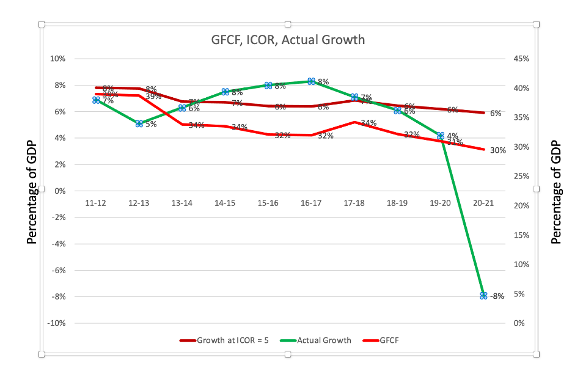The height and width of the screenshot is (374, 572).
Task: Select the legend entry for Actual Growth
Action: [x=324, y=340]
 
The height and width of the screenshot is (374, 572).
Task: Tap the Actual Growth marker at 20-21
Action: [x=483, y=295]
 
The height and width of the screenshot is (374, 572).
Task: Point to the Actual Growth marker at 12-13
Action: [x=139, y=123]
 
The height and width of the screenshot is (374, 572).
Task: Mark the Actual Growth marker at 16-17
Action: [x=311, y=81]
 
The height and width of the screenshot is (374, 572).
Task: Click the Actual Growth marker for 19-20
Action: [x=441, y=135]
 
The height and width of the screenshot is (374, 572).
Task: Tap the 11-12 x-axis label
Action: [x=96, y=202]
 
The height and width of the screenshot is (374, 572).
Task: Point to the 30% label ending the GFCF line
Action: [x=498, y=150]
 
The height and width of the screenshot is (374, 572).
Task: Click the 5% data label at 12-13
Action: [x=151, y=124]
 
